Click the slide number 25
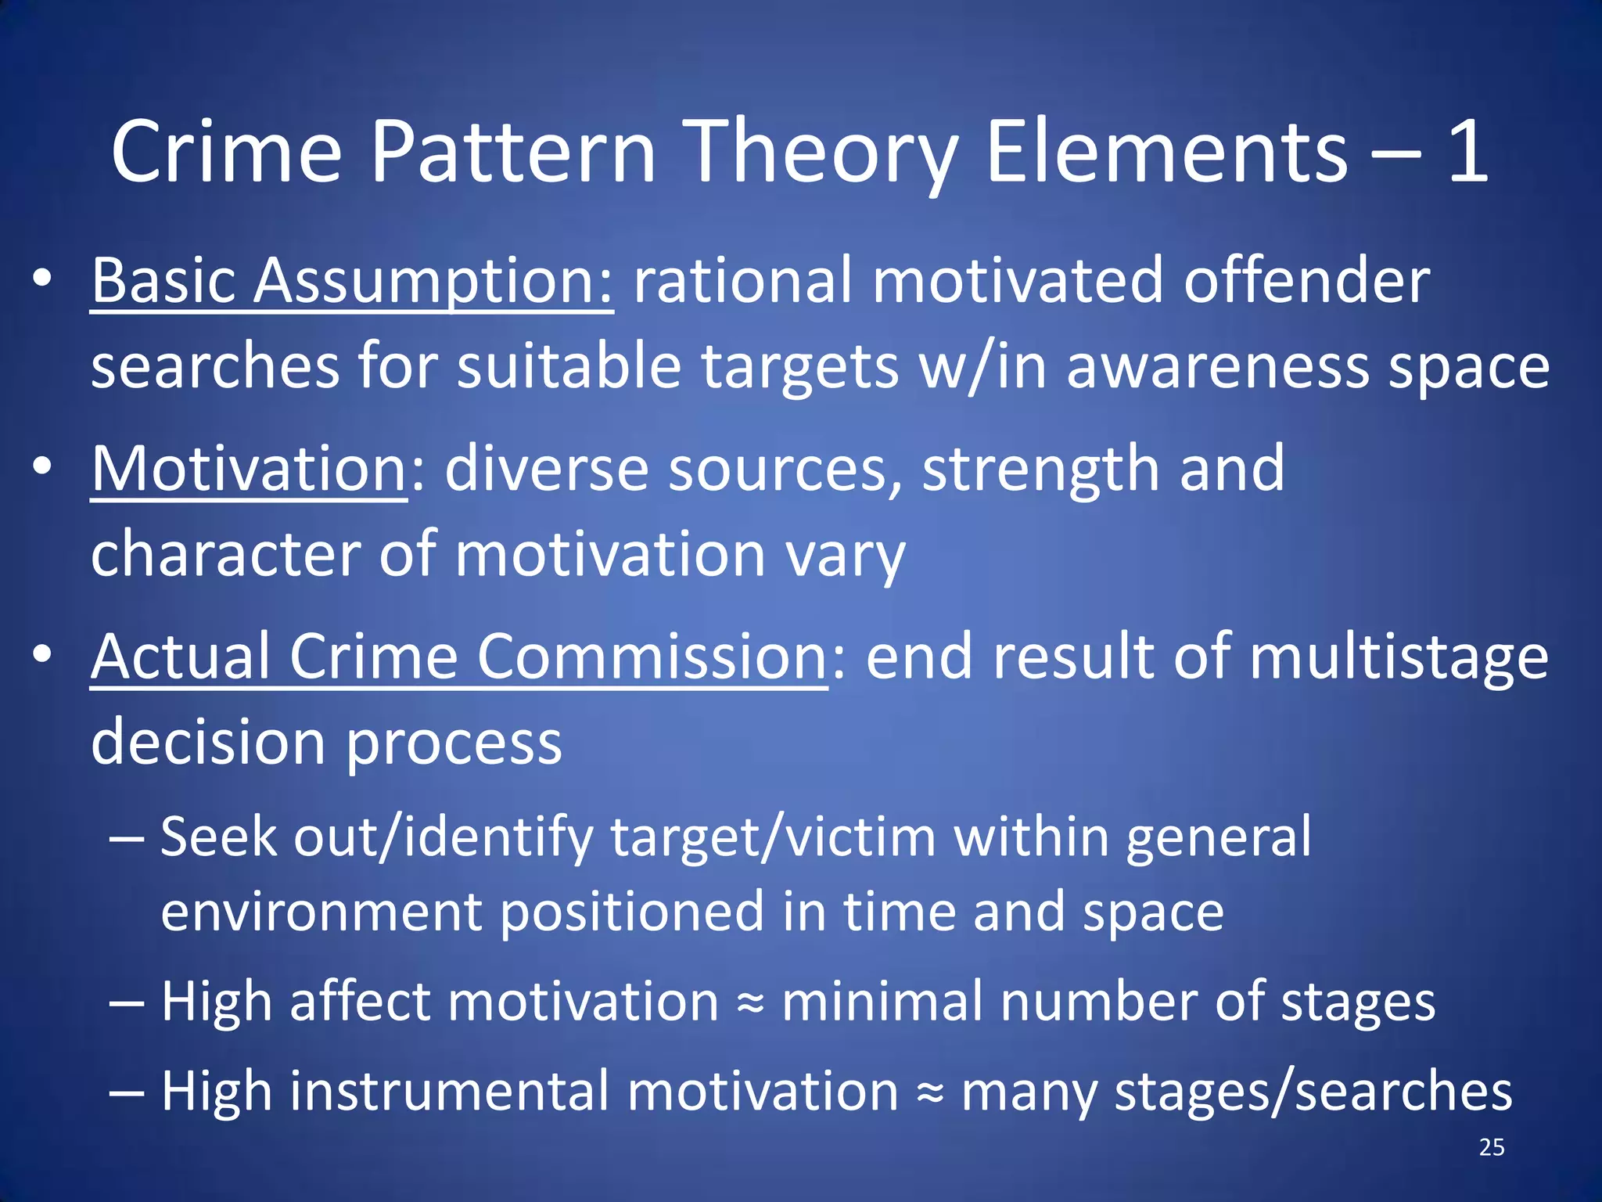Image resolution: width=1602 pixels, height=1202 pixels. (x=1492, y=1147)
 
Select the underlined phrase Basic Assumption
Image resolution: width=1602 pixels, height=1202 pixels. (x=352, y=282)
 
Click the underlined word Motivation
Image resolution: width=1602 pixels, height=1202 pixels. (x=249, y=470)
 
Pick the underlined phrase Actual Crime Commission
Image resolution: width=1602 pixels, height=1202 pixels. (x=459, y=657)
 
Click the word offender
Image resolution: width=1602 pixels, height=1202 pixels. (x=1306, y=282)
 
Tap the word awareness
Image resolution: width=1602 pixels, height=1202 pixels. (x=1217, y=368)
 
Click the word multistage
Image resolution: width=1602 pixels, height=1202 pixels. (x=1398, y=657)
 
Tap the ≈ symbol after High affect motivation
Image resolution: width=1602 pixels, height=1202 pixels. (x=750, y=1004)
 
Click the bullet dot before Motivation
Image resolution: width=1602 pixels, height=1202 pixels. (x=42, y=467)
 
